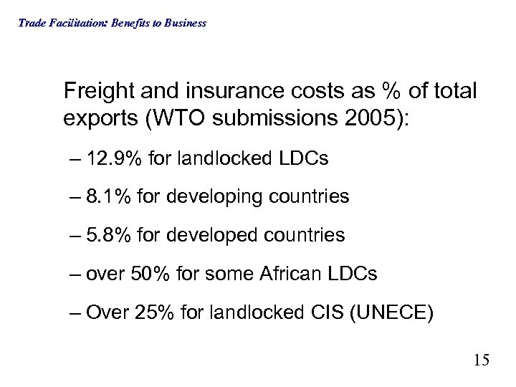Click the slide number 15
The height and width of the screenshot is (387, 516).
[x=481, y=359]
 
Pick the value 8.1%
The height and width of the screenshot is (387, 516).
[x=104, y=196]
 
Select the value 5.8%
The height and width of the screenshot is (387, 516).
[x=104, y=234]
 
